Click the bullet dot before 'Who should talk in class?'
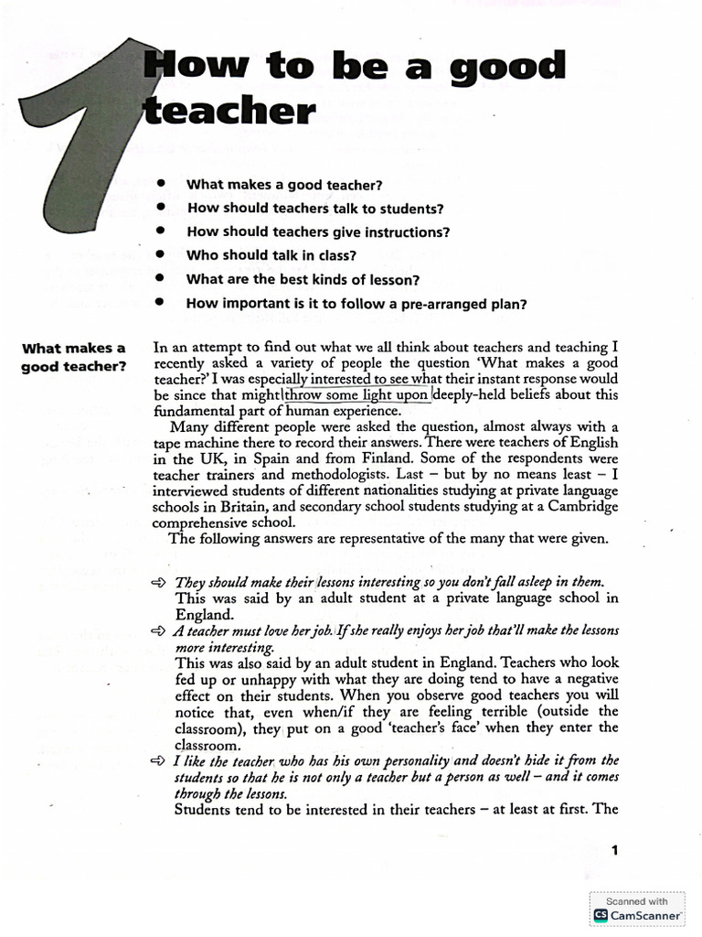160,254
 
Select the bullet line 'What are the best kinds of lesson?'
302,279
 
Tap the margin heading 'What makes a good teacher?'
73,357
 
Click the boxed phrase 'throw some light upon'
356,395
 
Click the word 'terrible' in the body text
515,711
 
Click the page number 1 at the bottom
615,851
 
